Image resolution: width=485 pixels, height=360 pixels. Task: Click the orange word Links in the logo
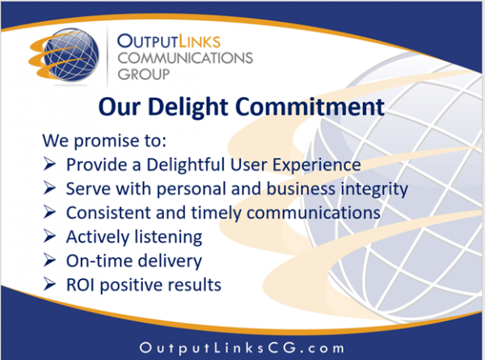click(200, 41)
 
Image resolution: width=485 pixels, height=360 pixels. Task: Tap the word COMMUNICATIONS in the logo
click(185, 58)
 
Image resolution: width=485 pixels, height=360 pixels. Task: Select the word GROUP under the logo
click(144, 74)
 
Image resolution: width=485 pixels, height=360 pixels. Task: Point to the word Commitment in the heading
click(310, 107)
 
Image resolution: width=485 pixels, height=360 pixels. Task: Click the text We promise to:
click(104, 141)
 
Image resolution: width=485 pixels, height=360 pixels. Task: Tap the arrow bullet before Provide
click(49, 163)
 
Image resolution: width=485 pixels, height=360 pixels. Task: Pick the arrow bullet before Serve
click(49, 188)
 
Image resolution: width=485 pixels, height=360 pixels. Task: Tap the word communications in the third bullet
click(314, 213)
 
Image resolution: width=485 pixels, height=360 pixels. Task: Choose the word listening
click(169, 237)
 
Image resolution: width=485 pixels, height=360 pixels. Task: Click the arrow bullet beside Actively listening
click(49, 235)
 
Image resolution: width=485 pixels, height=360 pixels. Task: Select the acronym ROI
click(80, 285)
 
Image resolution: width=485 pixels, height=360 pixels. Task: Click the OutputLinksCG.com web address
click(242, 348)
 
